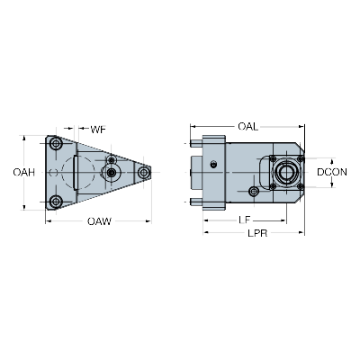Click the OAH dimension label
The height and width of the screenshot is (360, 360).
point(24,173)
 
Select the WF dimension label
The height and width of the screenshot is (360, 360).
point(98,130)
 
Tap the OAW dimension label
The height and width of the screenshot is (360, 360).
point(99,221)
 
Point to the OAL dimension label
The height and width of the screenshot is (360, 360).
point(247,127)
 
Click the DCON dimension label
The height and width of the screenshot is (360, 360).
point(332,172)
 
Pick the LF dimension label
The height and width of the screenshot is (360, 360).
point(245,220)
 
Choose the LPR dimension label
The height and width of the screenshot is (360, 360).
point(257,233)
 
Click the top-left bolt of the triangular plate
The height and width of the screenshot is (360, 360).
point(56,143)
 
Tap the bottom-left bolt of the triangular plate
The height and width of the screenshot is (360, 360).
point(56,202)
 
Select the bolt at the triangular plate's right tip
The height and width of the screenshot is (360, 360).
point(144,172)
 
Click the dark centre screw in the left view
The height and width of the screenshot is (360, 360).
point(112,172)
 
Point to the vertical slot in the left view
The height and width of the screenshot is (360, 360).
point(76,172)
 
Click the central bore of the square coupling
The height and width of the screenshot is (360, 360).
point(286,172)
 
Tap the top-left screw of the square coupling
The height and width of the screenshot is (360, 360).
point(273,158)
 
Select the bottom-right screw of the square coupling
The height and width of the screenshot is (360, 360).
point(301,186)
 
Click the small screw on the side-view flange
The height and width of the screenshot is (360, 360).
point(213,165)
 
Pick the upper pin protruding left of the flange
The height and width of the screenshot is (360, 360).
point(196,144)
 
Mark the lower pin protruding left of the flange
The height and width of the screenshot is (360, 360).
point(196,202)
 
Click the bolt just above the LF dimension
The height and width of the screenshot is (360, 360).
point(254,191)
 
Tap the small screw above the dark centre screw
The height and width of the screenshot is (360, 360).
point(112,159)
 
